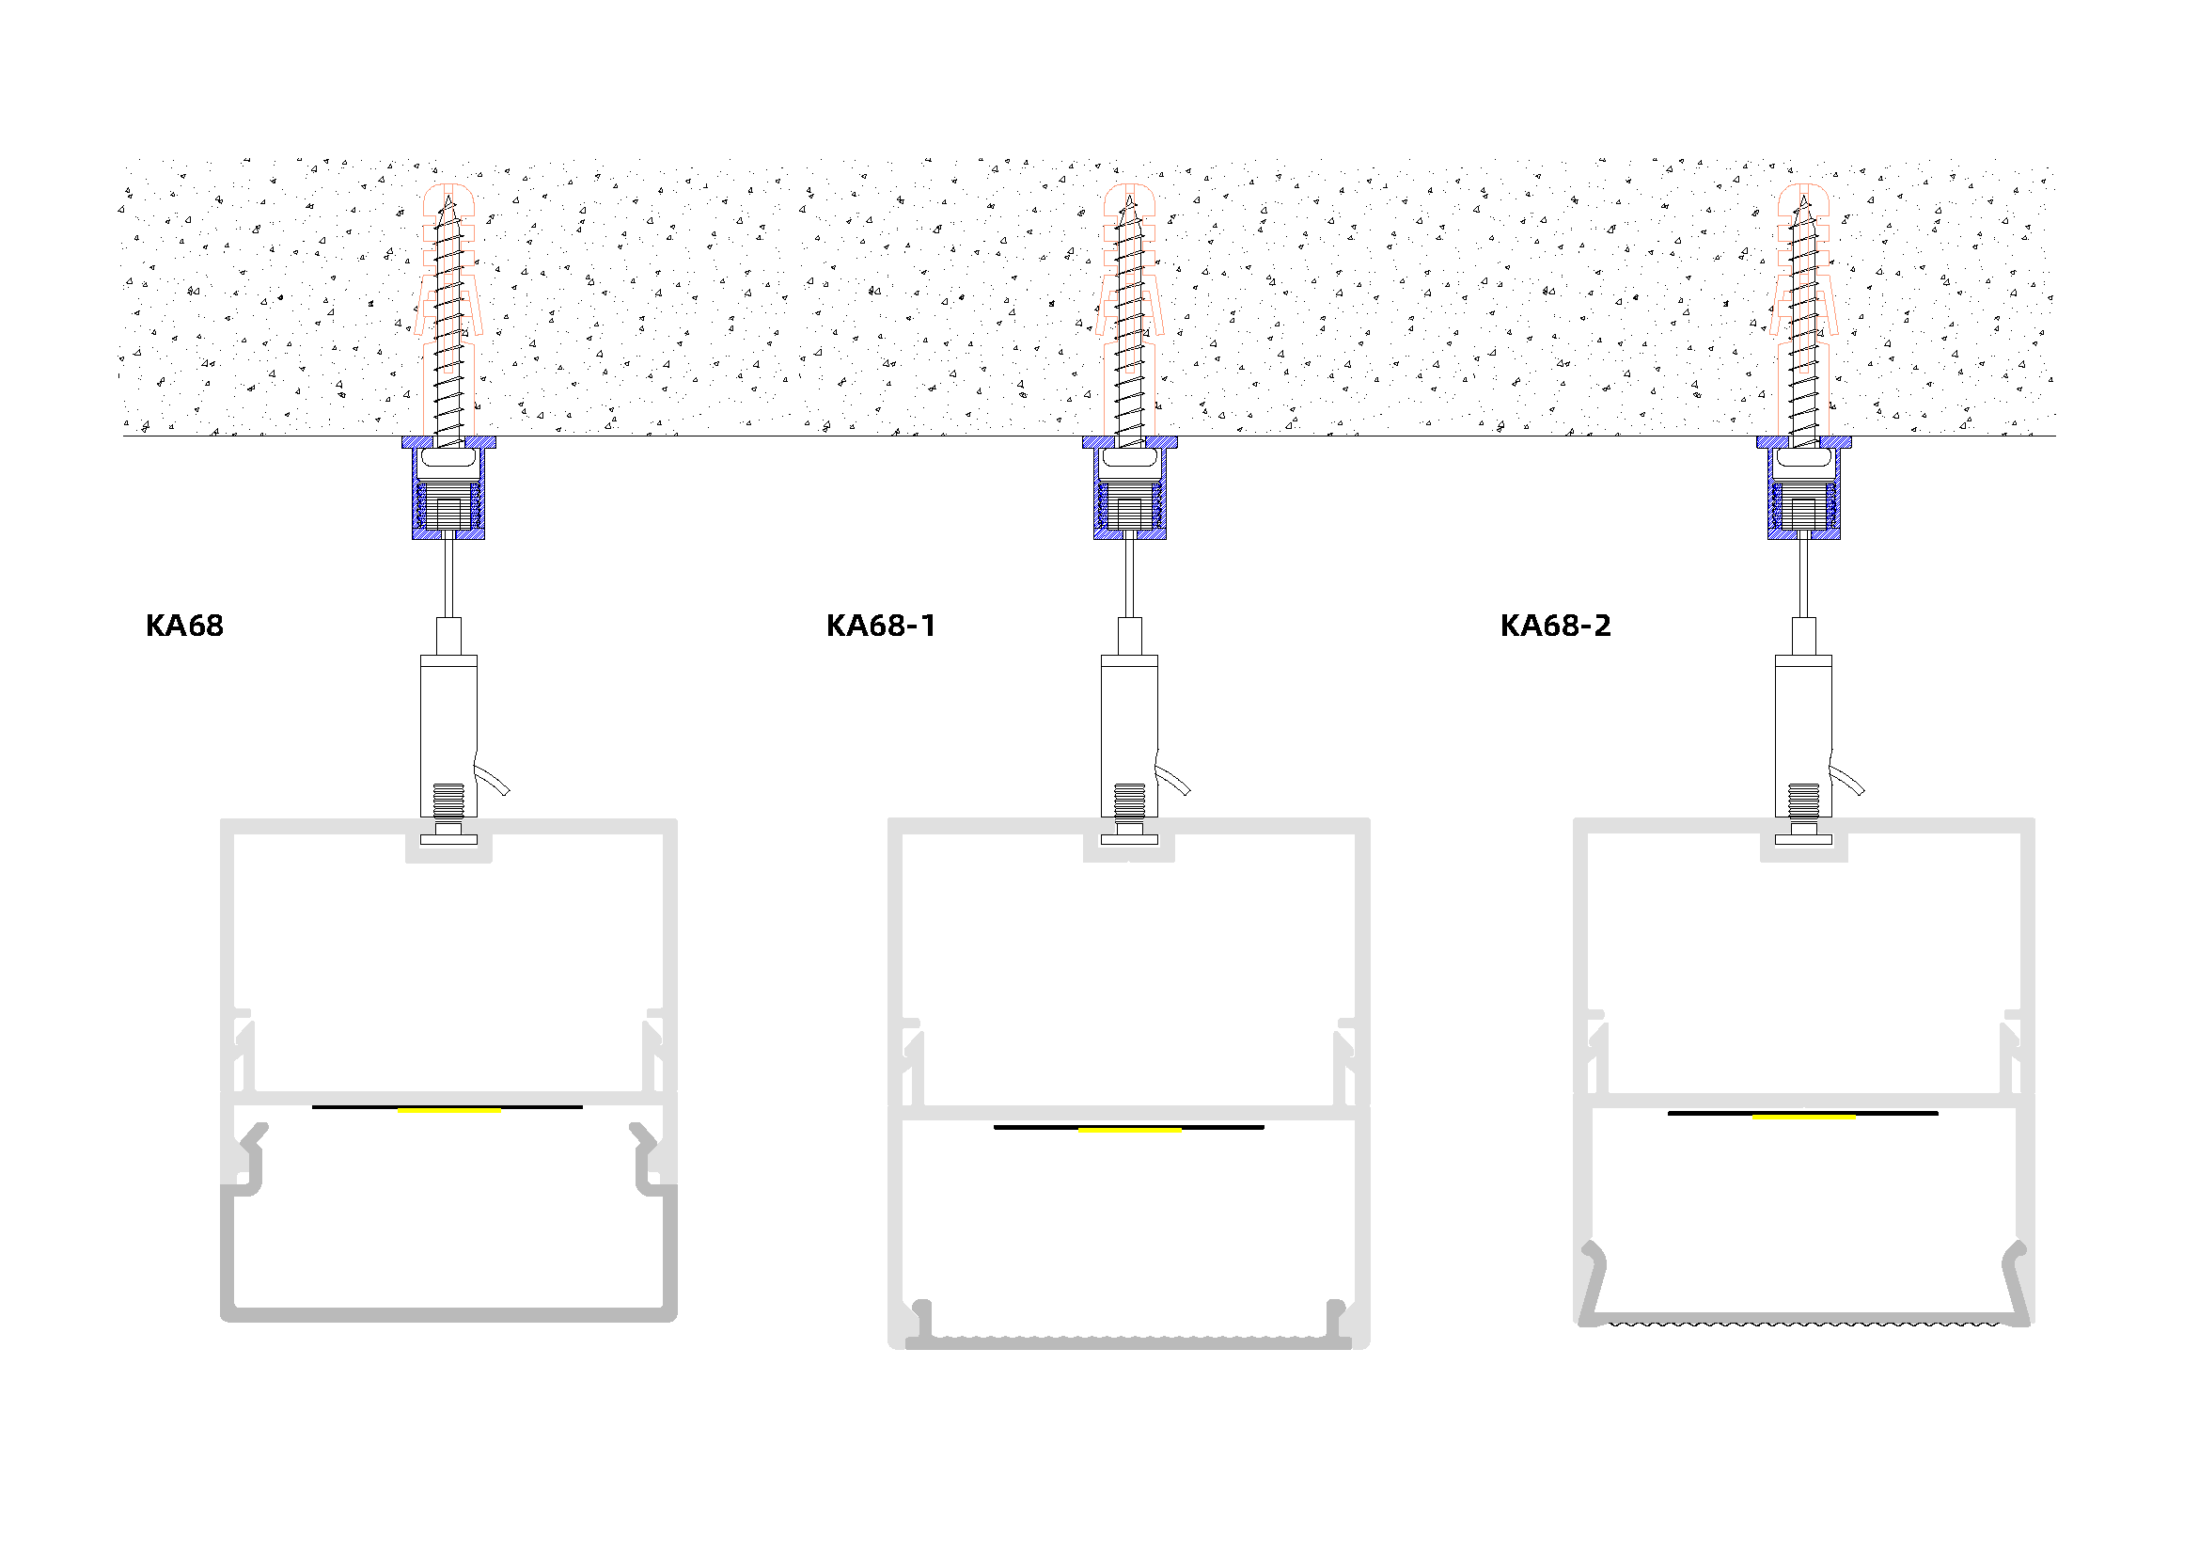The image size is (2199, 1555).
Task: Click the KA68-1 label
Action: [880, 626]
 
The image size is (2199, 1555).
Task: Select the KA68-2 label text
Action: [1555, 626]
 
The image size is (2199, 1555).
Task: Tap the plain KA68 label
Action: [184, 626]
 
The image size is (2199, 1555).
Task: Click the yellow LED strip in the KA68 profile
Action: [449, 1109]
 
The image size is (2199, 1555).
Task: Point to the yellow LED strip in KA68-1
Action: [1129, 1130]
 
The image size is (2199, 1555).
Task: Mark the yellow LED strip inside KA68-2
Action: [1803, 1117]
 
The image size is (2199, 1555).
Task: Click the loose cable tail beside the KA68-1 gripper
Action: [1174, 780]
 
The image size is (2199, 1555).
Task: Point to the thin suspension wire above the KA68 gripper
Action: [448, 579]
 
